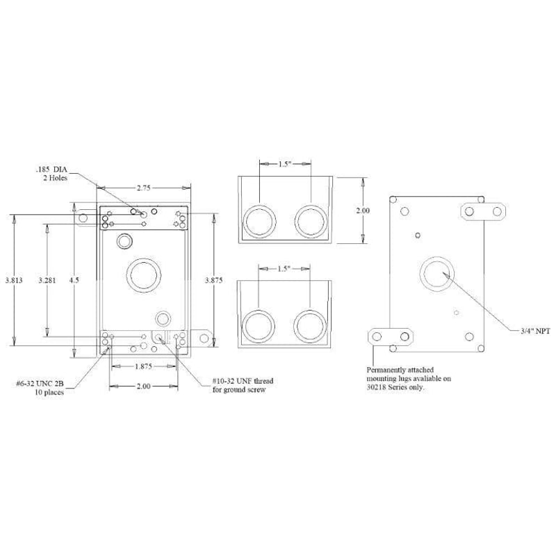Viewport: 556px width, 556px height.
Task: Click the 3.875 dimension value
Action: click(214, 280)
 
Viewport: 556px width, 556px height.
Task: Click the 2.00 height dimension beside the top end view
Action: click(363, 210)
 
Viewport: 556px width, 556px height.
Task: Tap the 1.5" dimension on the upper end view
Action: click(284, 164)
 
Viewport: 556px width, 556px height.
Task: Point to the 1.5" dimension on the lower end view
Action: click(284, 268)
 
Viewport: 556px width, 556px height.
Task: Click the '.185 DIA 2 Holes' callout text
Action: click(55, 173)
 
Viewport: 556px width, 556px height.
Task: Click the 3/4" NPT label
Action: click(534, 332)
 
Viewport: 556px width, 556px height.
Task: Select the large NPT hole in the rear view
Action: click(437, 272)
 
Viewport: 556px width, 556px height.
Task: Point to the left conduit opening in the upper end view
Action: click(259, 221)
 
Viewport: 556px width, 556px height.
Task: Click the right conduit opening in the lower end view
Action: click(309, 325)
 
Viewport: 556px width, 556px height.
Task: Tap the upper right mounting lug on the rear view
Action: click(483, 209)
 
